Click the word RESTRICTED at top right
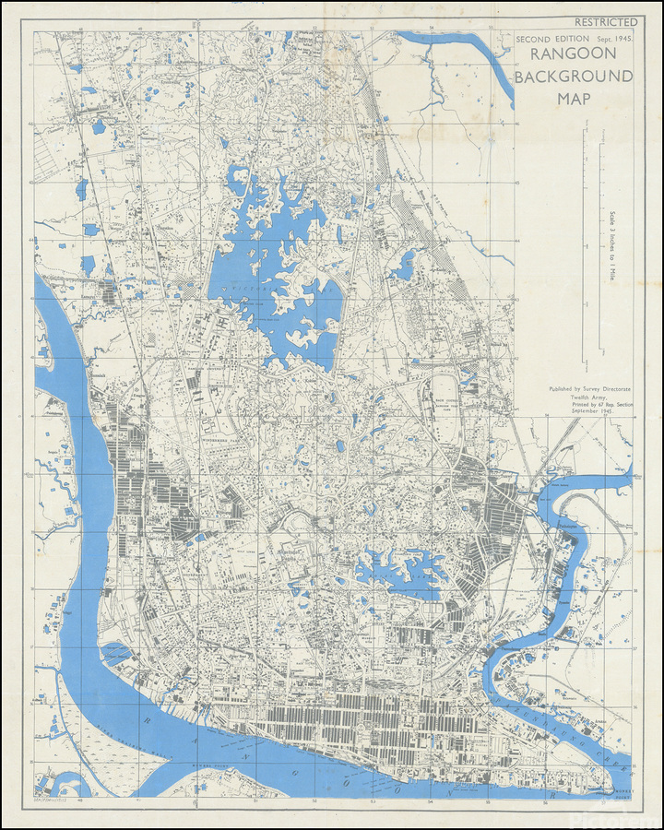pos(606,21)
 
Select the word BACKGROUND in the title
pos(573,77)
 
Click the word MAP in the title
pos(573,98)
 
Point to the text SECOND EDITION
pos(551,40)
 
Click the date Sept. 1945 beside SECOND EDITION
pos(617,40)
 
